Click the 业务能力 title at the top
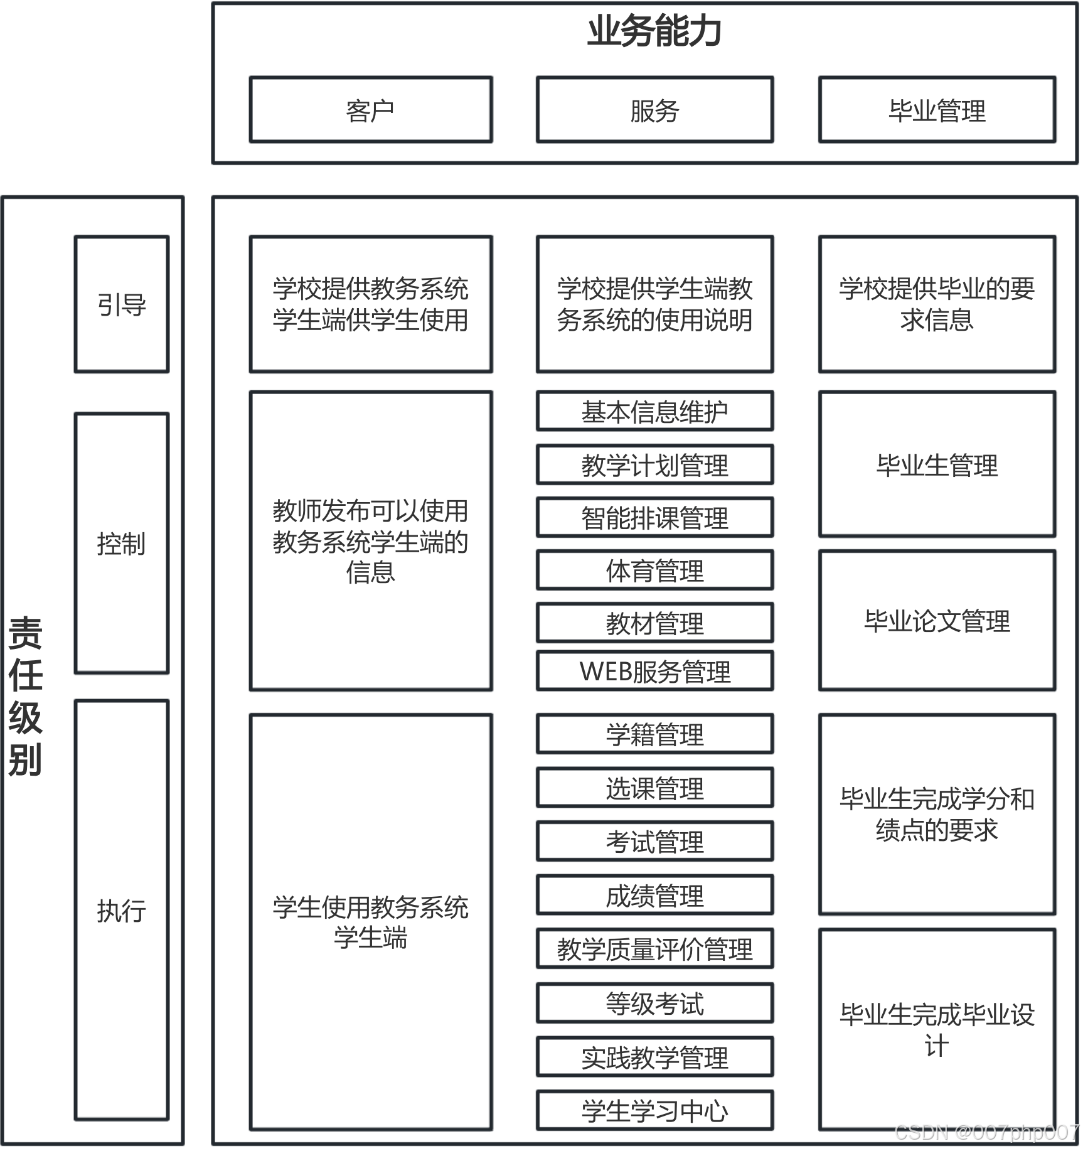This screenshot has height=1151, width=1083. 654,31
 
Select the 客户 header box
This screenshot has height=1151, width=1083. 370,110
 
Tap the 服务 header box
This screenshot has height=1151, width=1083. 654,110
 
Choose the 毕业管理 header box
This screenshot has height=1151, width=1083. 937,110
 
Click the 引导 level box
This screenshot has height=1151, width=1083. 122,304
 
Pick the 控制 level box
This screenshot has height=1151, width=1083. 122,543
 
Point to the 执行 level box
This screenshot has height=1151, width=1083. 122,910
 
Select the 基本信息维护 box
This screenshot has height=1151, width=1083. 654,411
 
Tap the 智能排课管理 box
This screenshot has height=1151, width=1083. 654,517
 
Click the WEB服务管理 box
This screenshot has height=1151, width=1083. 654,671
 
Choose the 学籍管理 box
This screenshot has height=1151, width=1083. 654,734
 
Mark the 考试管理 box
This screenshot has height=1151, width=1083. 654,841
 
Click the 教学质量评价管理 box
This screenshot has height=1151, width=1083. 654,948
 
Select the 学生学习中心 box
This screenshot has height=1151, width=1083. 654,1110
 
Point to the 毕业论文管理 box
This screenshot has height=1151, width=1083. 937,621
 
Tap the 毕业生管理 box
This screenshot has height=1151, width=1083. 937,464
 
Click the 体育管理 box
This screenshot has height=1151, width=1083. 654,570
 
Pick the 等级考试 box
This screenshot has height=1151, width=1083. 654,1003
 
